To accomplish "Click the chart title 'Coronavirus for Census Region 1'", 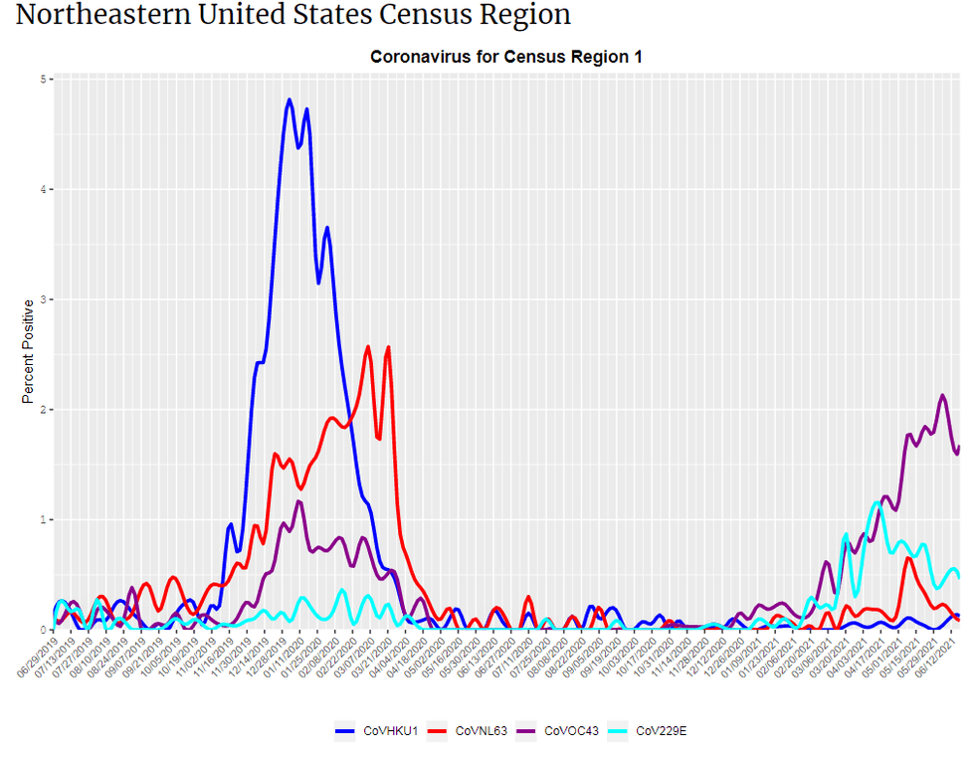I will click(x=505, y=57).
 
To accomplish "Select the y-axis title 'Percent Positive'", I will click(x=29, y=351).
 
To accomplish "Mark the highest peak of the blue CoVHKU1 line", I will click(x=290, y=99).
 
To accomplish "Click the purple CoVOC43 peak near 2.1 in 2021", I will click(x=942, y=396).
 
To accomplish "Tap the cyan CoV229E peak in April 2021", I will click(x=877, y=503).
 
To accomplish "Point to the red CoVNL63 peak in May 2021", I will click(x=908, y=558).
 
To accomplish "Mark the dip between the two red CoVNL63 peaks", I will click(x=378, y=438).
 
